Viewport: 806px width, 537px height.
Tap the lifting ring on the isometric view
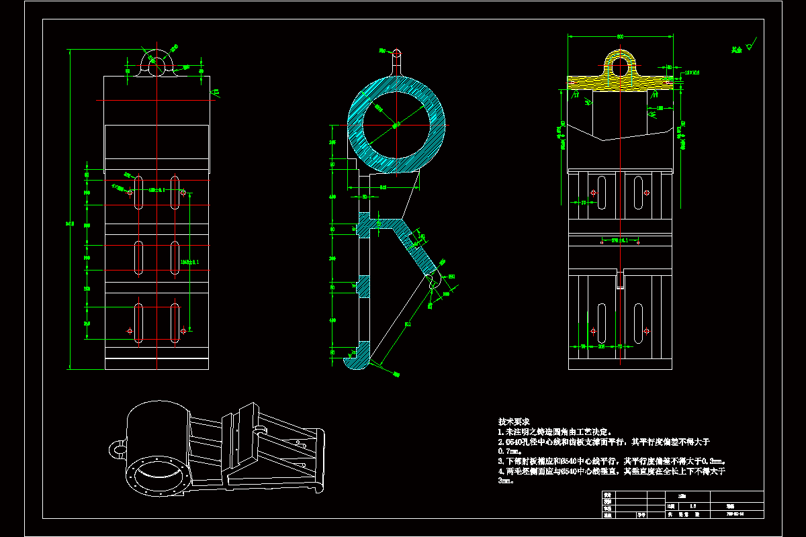(x=117, y=447)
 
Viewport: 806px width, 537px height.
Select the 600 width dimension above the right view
(x=619, y=36)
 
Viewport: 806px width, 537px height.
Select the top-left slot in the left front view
(x=138, y=191)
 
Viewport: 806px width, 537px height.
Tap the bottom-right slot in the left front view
(x=175, y=324)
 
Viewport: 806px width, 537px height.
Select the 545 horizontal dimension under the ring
(x=383, y=188)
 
